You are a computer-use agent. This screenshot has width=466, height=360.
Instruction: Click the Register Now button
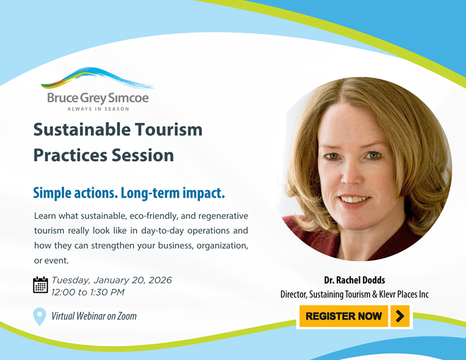click(344, 316)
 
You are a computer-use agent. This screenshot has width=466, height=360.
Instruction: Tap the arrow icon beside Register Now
click(400, 316)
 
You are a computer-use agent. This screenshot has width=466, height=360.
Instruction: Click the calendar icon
click(40, 285)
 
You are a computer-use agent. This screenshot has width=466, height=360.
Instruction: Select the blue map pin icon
click(39, 316)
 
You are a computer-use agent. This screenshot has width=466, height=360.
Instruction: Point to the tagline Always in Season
click(98, 109)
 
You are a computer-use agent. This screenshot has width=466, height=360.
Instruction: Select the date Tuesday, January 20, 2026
click(112, 280)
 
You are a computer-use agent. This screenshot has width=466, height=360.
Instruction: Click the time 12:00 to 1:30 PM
click(88, 292)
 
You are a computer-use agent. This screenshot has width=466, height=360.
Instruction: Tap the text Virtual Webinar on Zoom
click(94, 316)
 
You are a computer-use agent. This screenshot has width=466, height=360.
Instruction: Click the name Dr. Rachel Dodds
click(355, 280)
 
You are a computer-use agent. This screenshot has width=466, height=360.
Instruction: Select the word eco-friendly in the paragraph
click(158, 216)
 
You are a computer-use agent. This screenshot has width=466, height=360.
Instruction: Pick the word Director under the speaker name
click(296, 294)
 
